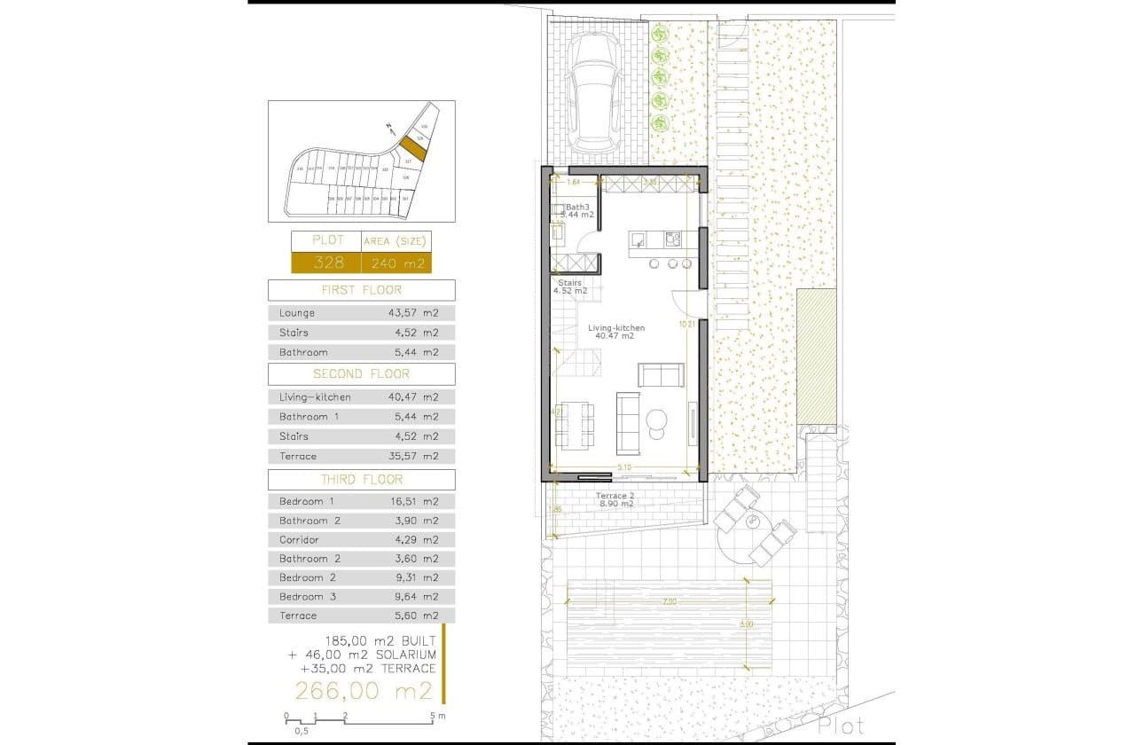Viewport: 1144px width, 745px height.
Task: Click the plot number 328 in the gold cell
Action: (325, 263)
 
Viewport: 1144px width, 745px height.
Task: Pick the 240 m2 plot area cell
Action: (396, 263)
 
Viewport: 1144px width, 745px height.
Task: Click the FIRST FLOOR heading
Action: (361, 290)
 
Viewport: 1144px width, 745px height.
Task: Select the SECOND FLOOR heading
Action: (361, 373)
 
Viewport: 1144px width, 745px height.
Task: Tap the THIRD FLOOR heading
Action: (361, 479)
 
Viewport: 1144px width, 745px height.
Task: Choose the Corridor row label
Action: (299, 539)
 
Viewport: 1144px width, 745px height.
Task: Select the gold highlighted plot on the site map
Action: (411, 147)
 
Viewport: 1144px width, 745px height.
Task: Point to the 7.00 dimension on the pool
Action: (669, 601)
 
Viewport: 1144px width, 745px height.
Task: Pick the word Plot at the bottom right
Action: (842, 725)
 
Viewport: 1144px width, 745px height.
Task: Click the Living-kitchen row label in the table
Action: (315, 397)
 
